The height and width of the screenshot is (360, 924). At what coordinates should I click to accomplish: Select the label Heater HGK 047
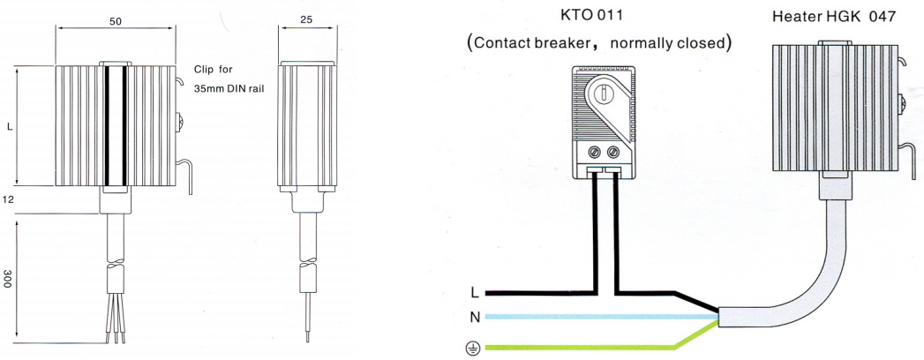coord(839,16)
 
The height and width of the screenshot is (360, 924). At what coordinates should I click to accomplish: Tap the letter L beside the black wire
coord(474,293)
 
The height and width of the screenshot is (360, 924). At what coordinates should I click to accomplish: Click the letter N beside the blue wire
coord(474,316)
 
